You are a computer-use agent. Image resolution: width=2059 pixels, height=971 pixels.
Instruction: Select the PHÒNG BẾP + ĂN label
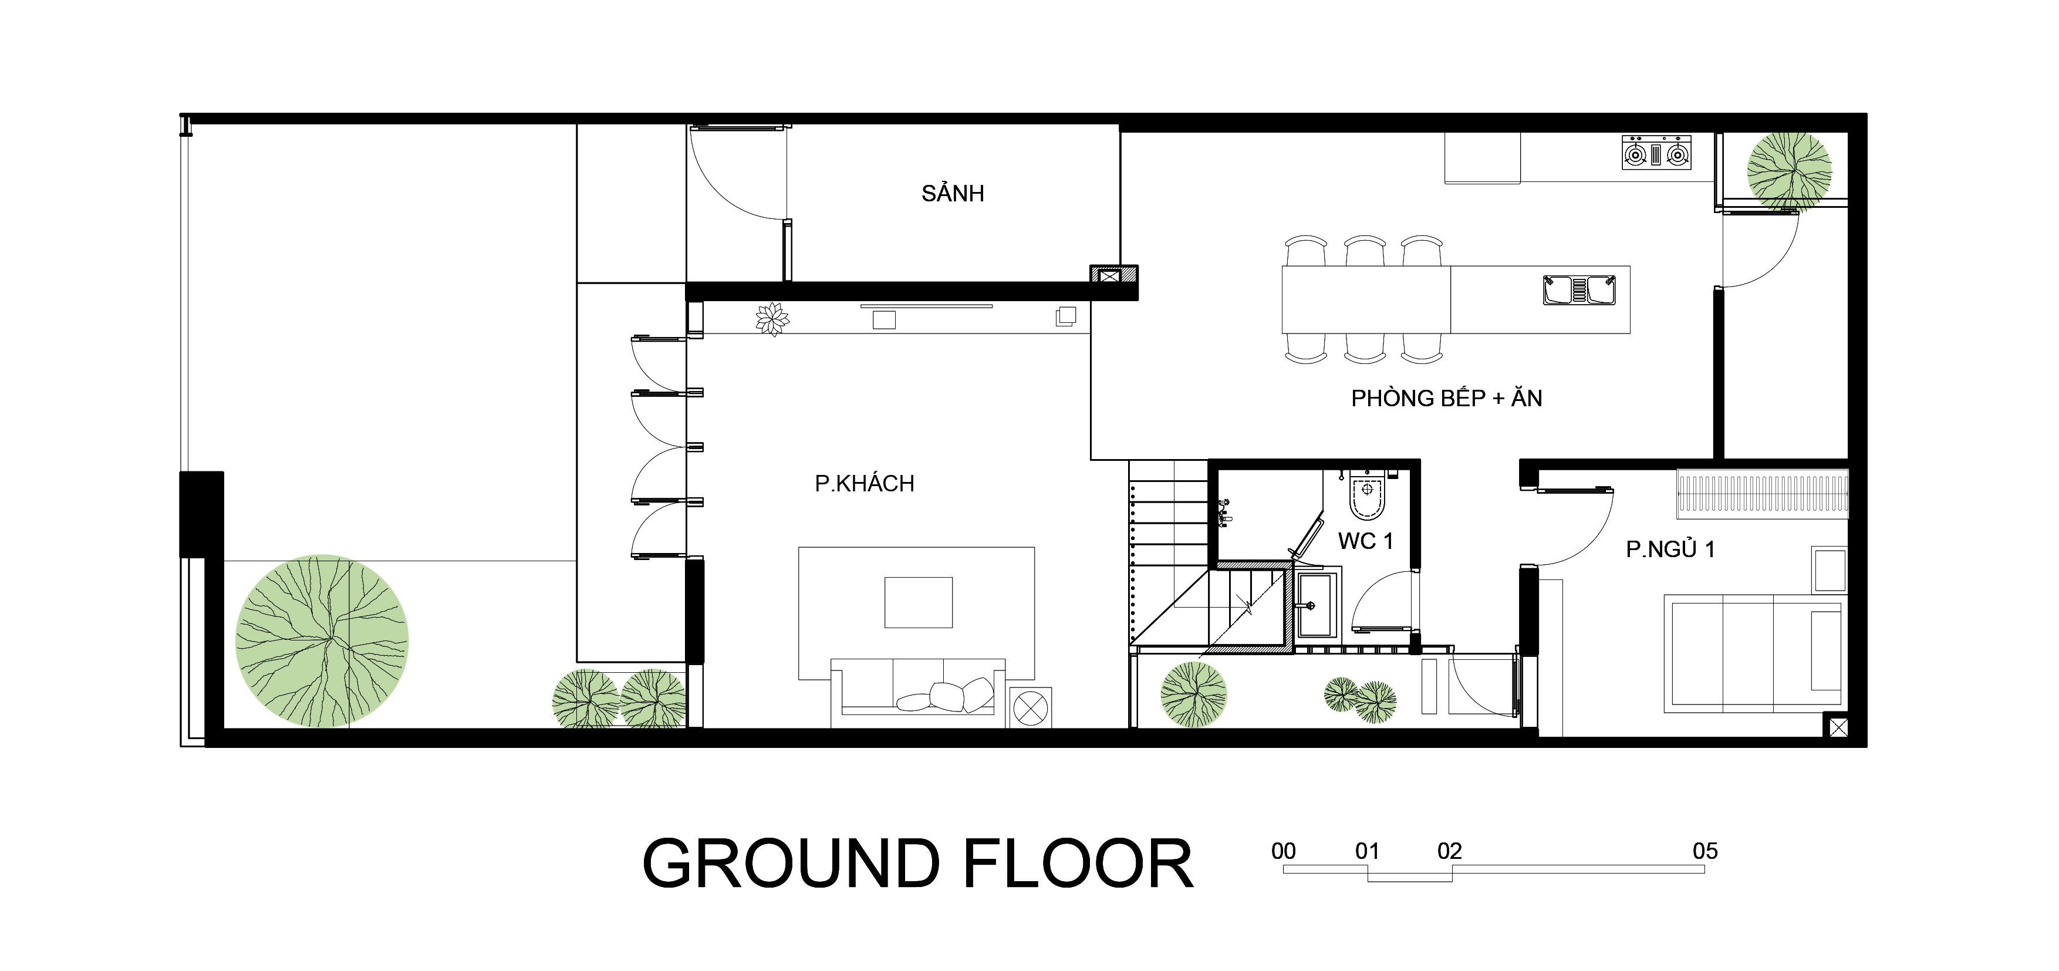click(1446, 397)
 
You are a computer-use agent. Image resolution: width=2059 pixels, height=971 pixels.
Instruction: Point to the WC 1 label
click(1365, 541)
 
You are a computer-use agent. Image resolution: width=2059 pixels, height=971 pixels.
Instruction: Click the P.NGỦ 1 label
click(1670, 549)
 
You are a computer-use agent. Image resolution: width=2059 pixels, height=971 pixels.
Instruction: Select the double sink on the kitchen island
click(1579, 290)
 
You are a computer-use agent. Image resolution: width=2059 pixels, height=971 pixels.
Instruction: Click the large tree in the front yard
click(322, 641)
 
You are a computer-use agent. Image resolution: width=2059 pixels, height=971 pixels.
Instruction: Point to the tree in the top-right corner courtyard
click(1789, 172)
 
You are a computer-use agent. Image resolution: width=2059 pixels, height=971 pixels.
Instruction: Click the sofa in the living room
click(917, 693)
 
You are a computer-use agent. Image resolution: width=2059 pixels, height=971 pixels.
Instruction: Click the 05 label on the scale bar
click(1705, 851)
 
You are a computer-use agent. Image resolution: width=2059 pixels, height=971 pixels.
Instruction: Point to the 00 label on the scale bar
click(1284, 851)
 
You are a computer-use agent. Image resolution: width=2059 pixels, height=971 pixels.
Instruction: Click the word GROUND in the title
click(791, 864)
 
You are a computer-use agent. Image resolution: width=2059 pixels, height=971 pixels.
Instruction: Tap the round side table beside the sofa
click(1030, 707)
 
